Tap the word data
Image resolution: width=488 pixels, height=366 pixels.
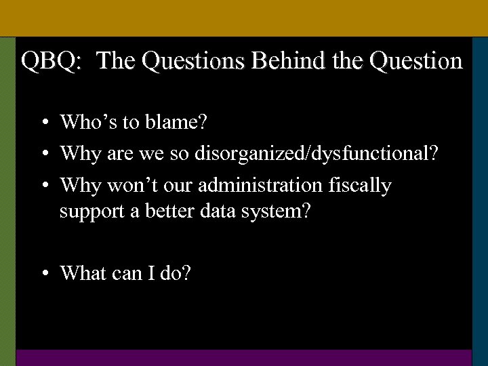(x=217, y=211)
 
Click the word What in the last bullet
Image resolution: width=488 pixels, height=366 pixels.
(x=83, y=273)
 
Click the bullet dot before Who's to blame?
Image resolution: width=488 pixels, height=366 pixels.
(x=43, y=123)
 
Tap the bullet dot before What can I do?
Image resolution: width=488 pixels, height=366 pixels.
(x=43, y=274)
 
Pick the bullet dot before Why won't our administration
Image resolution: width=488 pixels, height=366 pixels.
(x=43, y=186)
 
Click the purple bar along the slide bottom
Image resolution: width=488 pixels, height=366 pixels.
(x=244, y=358)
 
